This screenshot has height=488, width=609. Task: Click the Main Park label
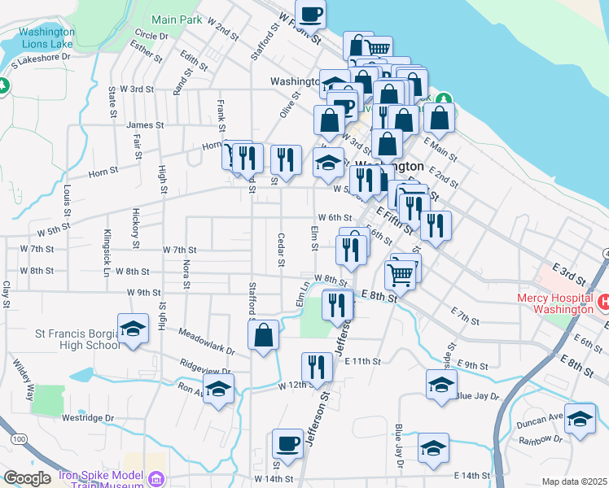(176, 19)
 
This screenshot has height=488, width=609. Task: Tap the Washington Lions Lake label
(46, 38)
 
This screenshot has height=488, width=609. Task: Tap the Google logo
(27, 478)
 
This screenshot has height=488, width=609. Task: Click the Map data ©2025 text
(574, 481)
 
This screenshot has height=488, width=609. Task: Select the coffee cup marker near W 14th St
(287, 444)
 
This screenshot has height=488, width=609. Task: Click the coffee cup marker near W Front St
(309, 14)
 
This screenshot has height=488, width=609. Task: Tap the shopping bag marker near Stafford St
(263, 335)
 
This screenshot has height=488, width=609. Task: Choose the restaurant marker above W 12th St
(317, 368)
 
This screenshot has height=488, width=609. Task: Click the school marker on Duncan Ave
(580, 419)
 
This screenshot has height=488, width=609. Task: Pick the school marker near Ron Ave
(218, 389)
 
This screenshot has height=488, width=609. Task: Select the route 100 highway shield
(16, 439)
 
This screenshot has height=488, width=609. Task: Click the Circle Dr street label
(151, 36)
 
